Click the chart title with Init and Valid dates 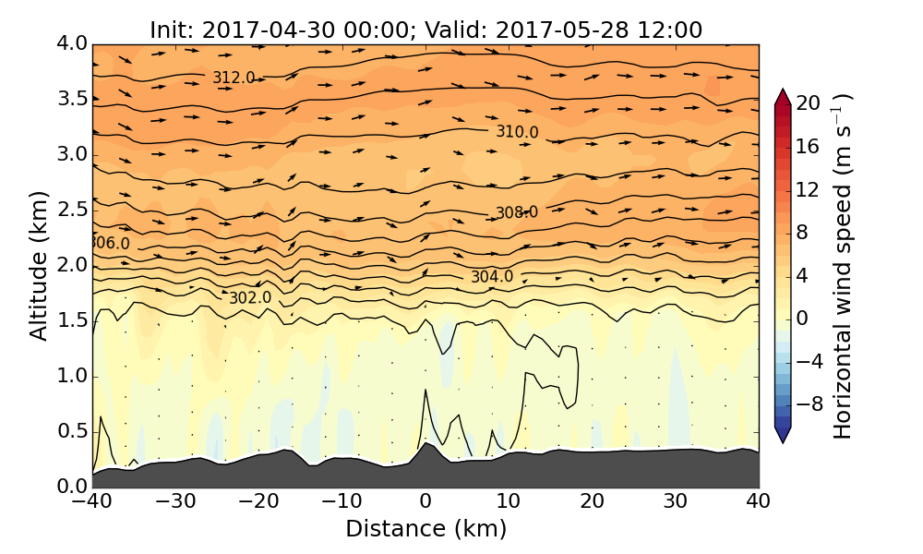click(x=426, y=30)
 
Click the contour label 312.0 click(x=234, y=78)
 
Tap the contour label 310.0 click(x=517, y=132)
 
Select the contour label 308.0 click(x=517, y=213)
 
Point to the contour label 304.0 click(x=491, y=277)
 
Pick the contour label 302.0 click(x=250, y=298)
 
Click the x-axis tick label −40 click(x=92, y=502)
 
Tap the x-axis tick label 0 click(x=426, y=502)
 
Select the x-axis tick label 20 click(x=592, y=502)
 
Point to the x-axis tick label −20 click(x=258, y=502)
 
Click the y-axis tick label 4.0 click(x=71, y=43)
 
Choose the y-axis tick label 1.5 click(x=71, y=320)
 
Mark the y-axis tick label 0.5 click(x=71, y=431)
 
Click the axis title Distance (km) click(x=426, y=529)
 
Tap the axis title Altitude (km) click(x=39, y=265)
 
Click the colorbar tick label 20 click(x=809, y=103)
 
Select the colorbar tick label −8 click(x=809, y=403)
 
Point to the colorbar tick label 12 click(x=809, y=189)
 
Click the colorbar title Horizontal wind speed click(x=844, y=265)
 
